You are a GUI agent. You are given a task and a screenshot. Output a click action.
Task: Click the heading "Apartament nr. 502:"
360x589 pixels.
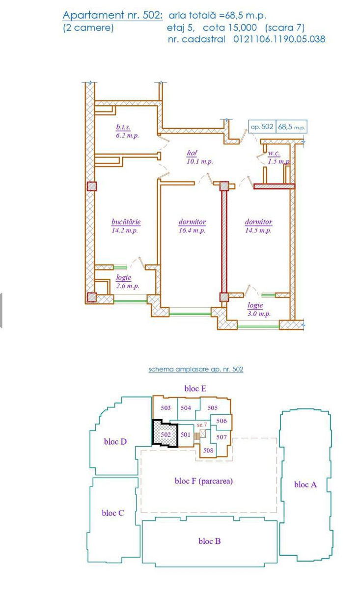pos(112,15)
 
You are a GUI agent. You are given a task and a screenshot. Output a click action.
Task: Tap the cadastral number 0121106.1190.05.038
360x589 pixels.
pos(279,39)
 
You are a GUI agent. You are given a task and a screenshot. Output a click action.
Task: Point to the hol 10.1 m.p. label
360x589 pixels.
pos(199,157)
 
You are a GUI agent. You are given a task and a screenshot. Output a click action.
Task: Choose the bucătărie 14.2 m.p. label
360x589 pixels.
pos(126,226)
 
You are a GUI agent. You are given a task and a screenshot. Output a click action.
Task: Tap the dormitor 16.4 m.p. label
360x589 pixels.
pos(192,226)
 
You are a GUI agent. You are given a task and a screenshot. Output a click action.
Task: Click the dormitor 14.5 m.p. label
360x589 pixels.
pos(258,226)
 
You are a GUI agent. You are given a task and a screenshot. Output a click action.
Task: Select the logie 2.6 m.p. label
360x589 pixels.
pos(128,282)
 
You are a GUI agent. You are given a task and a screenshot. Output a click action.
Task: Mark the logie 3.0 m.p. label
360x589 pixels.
pos(259,309)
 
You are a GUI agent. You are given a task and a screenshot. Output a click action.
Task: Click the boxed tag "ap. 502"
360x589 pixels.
pos(262,127)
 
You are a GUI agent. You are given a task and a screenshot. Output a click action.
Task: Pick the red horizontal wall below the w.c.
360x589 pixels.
pos(274,187)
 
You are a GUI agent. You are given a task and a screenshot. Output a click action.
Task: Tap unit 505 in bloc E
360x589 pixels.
pos(212,408)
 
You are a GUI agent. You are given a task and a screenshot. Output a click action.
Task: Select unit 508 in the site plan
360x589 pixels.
pos(208,451)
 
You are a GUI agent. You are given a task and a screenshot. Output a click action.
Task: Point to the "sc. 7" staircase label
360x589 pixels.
pos(202,425)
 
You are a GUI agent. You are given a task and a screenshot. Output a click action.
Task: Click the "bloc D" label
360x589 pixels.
pos(115,441)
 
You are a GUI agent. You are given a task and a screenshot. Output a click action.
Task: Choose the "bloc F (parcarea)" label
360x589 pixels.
pos(204,481)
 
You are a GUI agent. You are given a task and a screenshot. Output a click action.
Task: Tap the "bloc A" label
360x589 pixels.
pos(305,484)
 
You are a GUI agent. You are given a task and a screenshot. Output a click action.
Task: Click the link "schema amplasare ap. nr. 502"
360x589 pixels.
pos(196,369)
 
